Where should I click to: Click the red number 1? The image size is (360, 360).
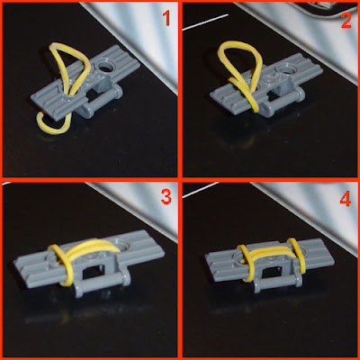tap(166, 19)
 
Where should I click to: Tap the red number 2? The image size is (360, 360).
tap(346, 22)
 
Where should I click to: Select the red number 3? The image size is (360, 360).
tap(166, 197)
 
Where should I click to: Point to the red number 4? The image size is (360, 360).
tap(346, 199)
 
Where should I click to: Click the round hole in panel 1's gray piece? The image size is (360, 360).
tap(105, 67)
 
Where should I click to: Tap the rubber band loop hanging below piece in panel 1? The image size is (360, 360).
tap(52, 123)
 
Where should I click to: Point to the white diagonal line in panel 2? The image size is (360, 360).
tap(205, 22)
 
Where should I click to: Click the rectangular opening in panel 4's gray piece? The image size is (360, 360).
tap(272, 272)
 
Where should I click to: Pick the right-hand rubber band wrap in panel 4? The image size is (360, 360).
tap(297, 255)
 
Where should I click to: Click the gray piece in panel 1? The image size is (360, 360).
tap(85, 84)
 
